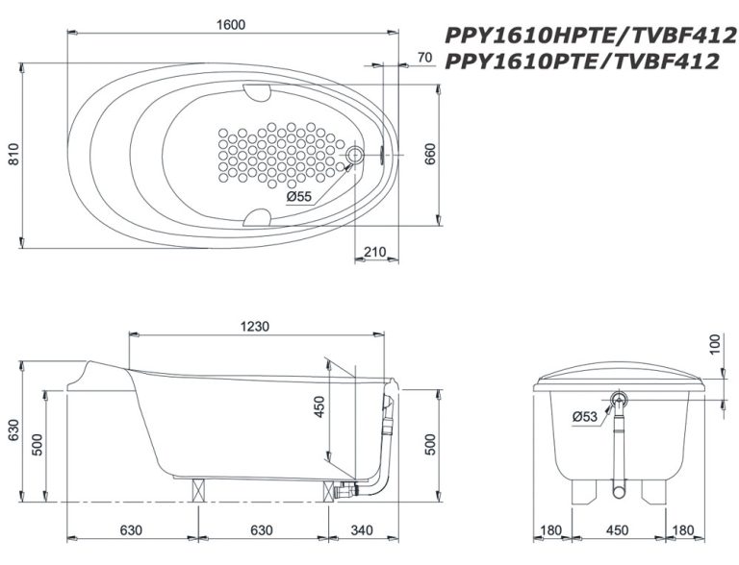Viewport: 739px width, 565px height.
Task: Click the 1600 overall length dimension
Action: [231, 25]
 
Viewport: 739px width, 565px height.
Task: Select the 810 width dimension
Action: [14, 154]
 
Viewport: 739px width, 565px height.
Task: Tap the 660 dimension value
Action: [430, 154]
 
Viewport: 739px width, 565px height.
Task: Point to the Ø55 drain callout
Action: [299, 196]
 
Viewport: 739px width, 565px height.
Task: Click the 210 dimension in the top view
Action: [374, 252]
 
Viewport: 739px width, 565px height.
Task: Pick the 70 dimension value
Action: [424, 58]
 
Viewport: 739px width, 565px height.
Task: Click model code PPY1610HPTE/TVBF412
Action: [591, 36]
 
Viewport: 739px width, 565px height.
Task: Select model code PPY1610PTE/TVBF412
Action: [582, 61]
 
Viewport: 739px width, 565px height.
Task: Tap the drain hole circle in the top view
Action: [355, 154]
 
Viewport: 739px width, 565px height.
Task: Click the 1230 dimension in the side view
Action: [254, 327]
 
